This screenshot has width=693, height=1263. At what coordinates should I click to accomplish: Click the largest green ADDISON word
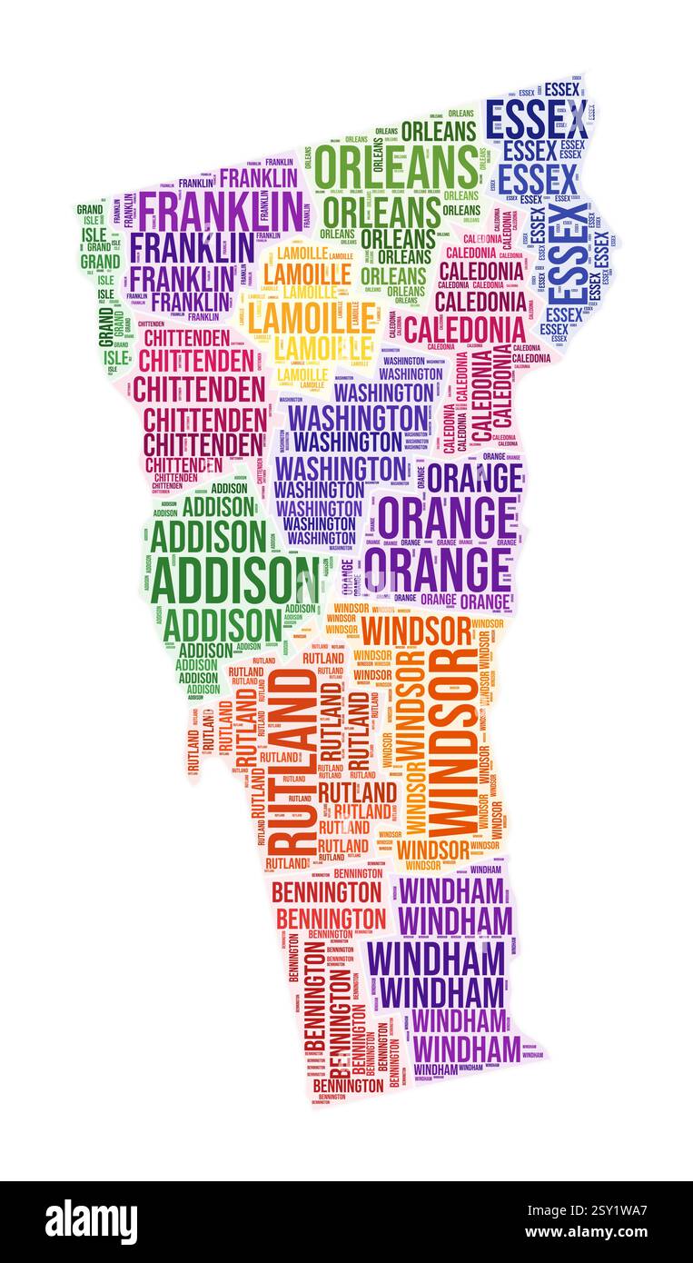point(234,580)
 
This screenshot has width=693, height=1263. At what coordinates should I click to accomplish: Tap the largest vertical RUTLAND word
point(291,761)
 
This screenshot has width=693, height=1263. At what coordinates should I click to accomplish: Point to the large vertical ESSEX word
point(569,254)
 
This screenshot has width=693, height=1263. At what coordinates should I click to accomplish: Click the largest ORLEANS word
point(396,167)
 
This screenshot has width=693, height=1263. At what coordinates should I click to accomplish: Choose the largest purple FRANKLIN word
point(219,211)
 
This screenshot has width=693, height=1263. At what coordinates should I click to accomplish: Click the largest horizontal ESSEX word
point(536,120)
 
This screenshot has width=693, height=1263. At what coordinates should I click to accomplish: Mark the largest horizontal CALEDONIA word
point(465,329)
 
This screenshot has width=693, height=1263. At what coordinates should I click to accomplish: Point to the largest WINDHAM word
point(435,959)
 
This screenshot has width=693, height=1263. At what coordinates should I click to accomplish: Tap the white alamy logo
point(91,1221)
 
